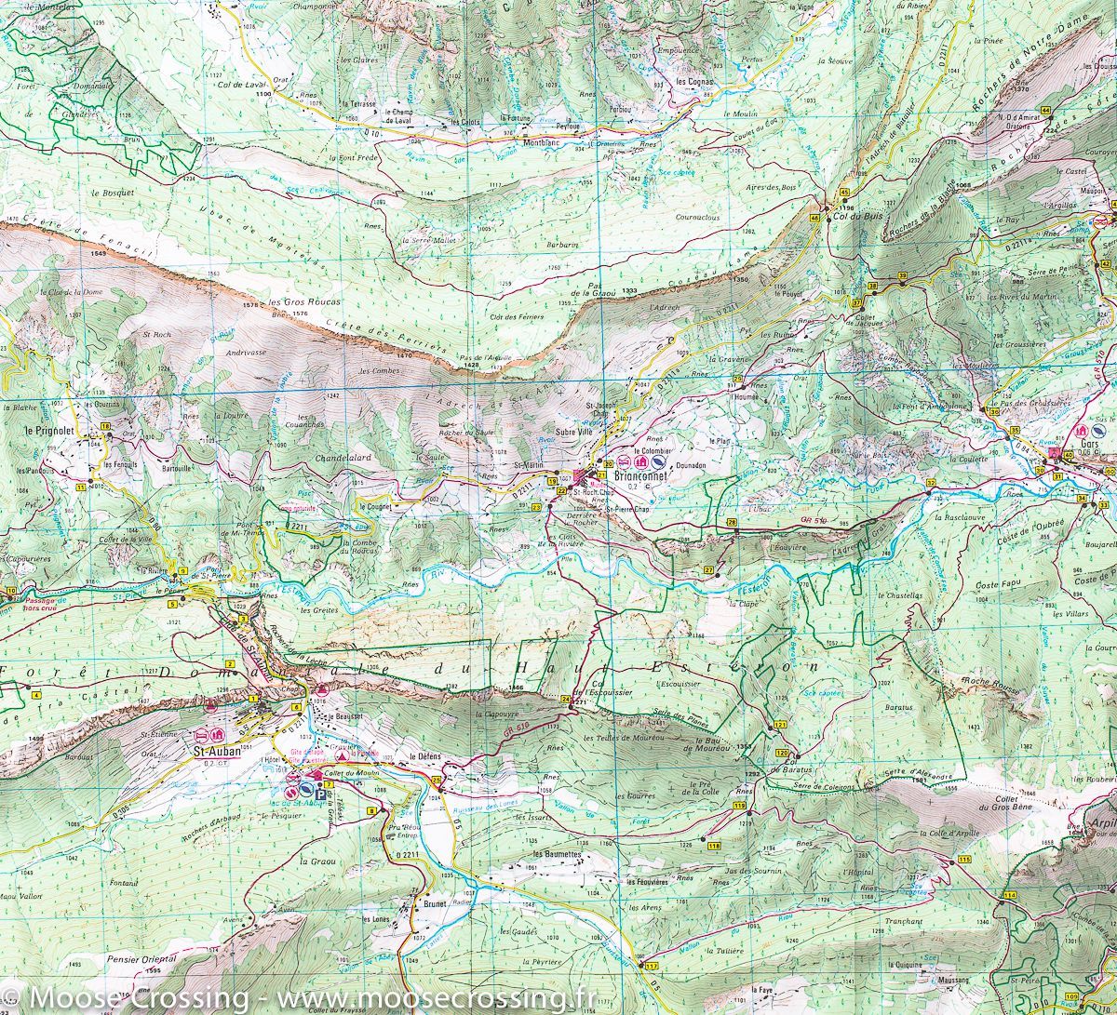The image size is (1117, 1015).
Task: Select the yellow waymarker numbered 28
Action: pyautogui.click(x=732, y=523)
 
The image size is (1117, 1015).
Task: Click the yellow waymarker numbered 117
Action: pyautogui.click(x=651, y=967)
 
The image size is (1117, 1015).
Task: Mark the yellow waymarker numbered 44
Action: pyautogui.click(x=1045, y=111)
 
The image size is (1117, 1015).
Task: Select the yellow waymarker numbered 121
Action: pyautogui.click(x=780, y=724)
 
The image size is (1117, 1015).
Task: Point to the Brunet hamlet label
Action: pyautogui.click(x=434, y=903)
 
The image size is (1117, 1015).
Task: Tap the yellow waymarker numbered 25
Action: pyautogui.click(x=436, y=779)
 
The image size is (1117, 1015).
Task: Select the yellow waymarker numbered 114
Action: pyautogui.click(x=1010, y=894)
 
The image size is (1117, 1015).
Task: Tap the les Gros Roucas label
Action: pyautogui.click(x=304, y=303)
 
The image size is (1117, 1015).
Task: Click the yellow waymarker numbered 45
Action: pyautogui.click(x=844, y=192)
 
